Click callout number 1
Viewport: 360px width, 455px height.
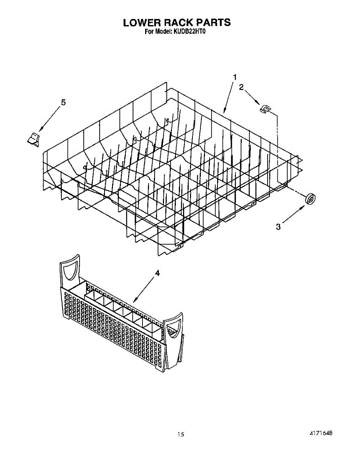point(235,77)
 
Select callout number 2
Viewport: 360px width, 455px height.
point(241,87)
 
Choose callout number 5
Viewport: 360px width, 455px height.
point(63,102)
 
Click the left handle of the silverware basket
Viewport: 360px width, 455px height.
point(70,271)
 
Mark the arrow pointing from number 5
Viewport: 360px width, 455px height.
point(49,119)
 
